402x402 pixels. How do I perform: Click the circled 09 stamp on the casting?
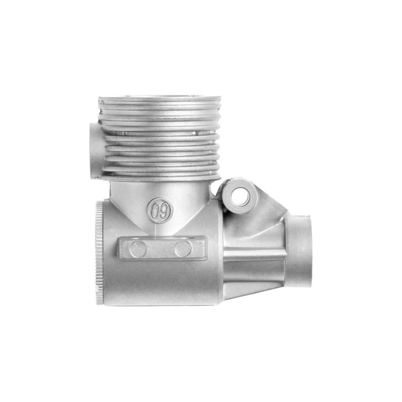pos(160,210)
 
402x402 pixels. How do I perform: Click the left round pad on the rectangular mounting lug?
pos(138,249)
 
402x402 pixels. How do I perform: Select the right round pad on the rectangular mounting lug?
pos(183,249)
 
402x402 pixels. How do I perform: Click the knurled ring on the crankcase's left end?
pos(99,253)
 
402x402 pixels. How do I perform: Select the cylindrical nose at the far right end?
pos(298,253)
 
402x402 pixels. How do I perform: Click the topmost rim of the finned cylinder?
pos(160,99)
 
